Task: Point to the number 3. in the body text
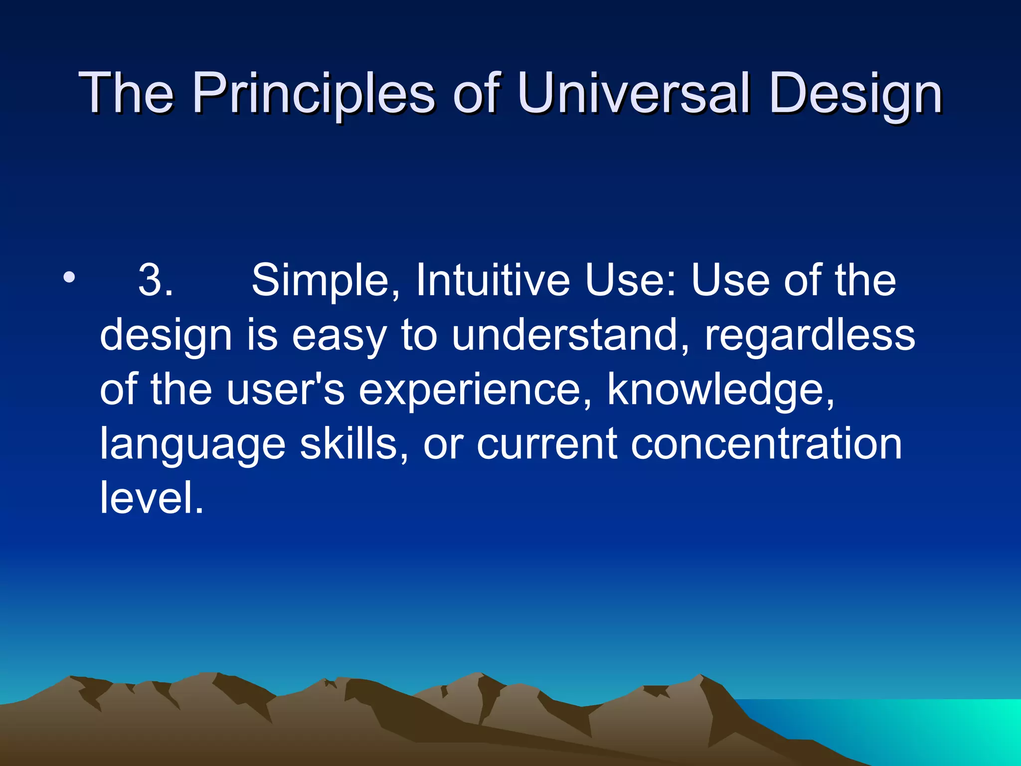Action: point(156,281)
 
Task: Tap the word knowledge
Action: point(720,389)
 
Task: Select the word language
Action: point(192,445)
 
